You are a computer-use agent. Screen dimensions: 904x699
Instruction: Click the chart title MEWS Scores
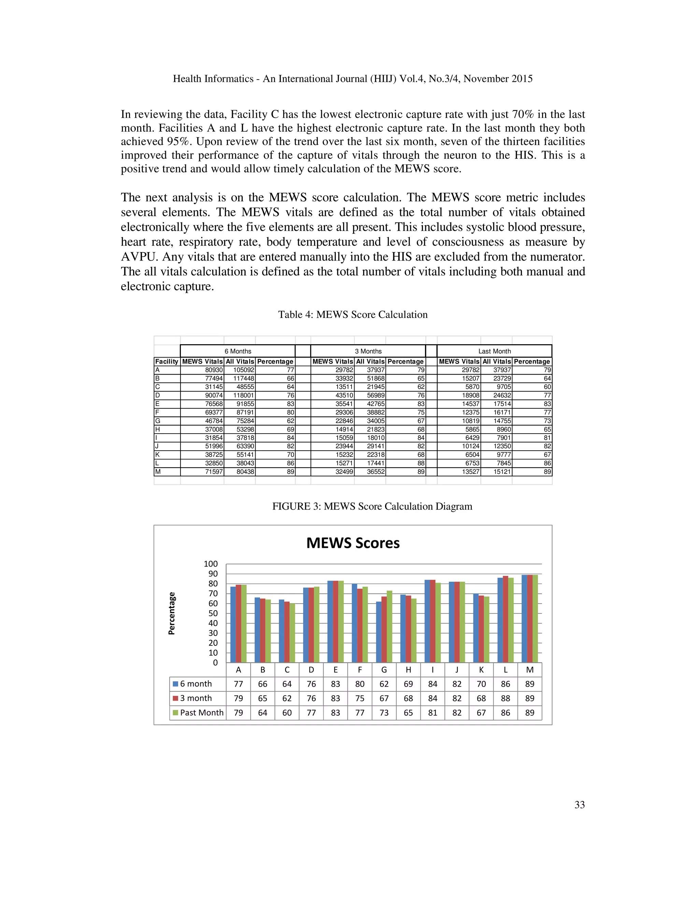point(353,543)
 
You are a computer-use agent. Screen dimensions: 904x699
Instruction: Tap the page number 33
point(579,805)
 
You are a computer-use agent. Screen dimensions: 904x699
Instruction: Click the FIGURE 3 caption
point(372,506)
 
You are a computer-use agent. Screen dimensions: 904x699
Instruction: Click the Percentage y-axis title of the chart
point(171,613)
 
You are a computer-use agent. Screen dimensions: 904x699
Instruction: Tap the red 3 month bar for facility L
point(505,619)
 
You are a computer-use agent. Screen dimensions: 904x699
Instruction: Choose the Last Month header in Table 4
point(495,351)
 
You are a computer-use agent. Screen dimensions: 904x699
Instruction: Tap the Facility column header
point(167,361)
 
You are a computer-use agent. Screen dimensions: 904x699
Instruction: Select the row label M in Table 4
point(158,472)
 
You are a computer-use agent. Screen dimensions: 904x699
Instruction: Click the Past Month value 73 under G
point(384,713)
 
